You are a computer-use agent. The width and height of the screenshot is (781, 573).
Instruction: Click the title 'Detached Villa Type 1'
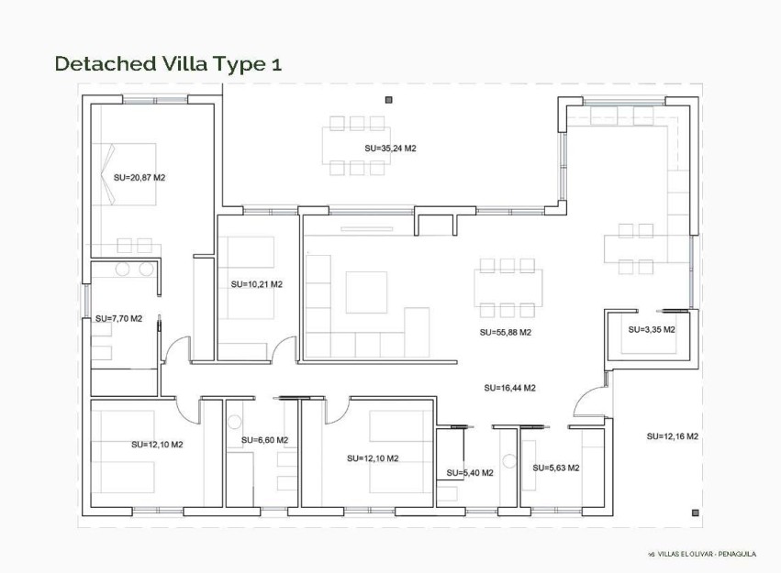coord(168,63)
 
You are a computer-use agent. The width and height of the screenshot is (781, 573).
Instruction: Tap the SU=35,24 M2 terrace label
coord(390,148)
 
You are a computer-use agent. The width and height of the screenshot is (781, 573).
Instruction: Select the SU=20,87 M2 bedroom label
coord(139,177)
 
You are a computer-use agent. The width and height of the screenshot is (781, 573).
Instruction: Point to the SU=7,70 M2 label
coord(118,319)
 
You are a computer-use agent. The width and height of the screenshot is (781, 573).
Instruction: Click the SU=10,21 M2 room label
coord(256,284)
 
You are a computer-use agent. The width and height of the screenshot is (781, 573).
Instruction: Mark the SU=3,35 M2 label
coord(652,329)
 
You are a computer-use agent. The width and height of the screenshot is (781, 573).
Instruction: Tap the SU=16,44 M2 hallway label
coord(509,388)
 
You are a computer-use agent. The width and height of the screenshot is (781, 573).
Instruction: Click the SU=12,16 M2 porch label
coord(673,436)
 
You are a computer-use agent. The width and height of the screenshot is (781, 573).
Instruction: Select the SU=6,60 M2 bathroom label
coord(264,440)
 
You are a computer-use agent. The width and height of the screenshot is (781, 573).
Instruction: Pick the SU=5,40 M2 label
coord(470,473)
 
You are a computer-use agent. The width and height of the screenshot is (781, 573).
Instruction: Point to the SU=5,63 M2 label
coord(556,468)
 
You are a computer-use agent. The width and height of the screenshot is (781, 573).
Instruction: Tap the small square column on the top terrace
coord(389,99)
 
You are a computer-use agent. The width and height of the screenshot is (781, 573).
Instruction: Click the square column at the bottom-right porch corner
coord(696,512)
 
